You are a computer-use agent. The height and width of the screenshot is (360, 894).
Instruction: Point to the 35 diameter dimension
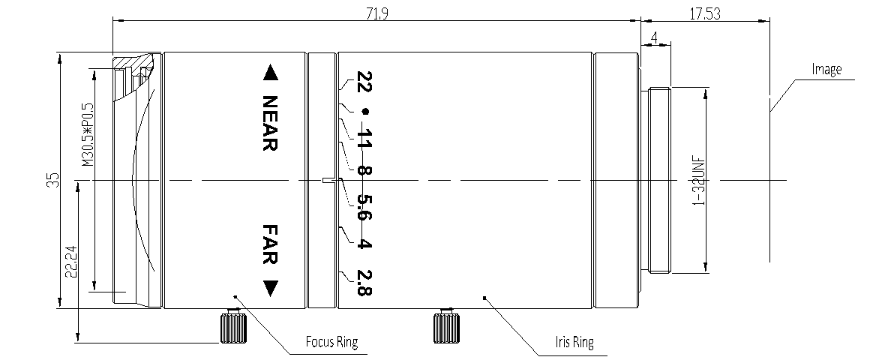click(x=52, y=180)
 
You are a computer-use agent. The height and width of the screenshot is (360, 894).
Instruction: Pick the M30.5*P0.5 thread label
click(x=85, y=133)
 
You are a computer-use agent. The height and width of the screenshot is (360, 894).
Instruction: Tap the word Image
click(x=827, y=70)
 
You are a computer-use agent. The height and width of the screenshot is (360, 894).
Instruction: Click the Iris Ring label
click(x=573, y=344)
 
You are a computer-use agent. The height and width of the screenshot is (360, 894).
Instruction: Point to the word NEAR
click(x=270, y=123)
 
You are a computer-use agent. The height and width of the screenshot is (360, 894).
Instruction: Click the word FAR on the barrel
click(x=270, y=243)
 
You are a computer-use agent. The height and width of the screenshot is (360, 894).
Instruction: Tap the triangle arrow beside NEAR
click(x=270, y=73)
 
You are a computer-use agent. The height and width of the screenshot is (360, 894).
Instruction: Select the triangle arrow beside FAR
click(x=270, y=287)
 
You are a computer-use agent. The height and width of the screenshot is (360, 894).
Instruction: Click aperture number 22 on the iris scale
click(x=364, y=82)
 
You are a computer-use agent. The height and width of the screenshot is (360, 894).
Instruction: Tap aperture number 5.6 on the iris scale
click(x=364, y=208)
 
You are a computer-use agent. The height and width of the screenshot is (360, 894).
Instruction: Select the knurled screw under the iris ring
click(x=445, y=327)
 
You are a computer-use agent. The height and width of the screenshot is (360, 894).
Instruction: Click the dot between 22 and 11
click(x=365, y=112)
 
